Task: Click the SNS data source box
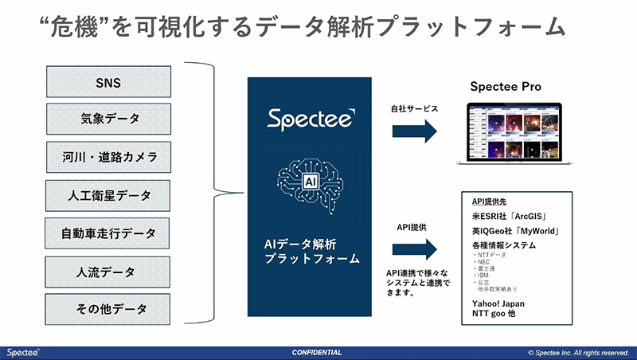[x=108, y=81]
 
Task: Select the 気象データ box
[x=108, y=119]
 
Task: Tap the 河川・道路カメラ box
[x=108, y=156]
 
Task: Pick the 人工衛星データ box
[x=108, y=194]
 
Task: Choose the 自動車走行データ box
[x=108, y=233]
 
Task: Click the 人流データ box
[x=108, y=270]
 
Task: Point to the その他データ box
[x=108, y=307]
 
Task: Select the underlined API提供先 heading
[x=490, y=202]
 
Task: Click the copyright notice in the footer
[x=578, y=352]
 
